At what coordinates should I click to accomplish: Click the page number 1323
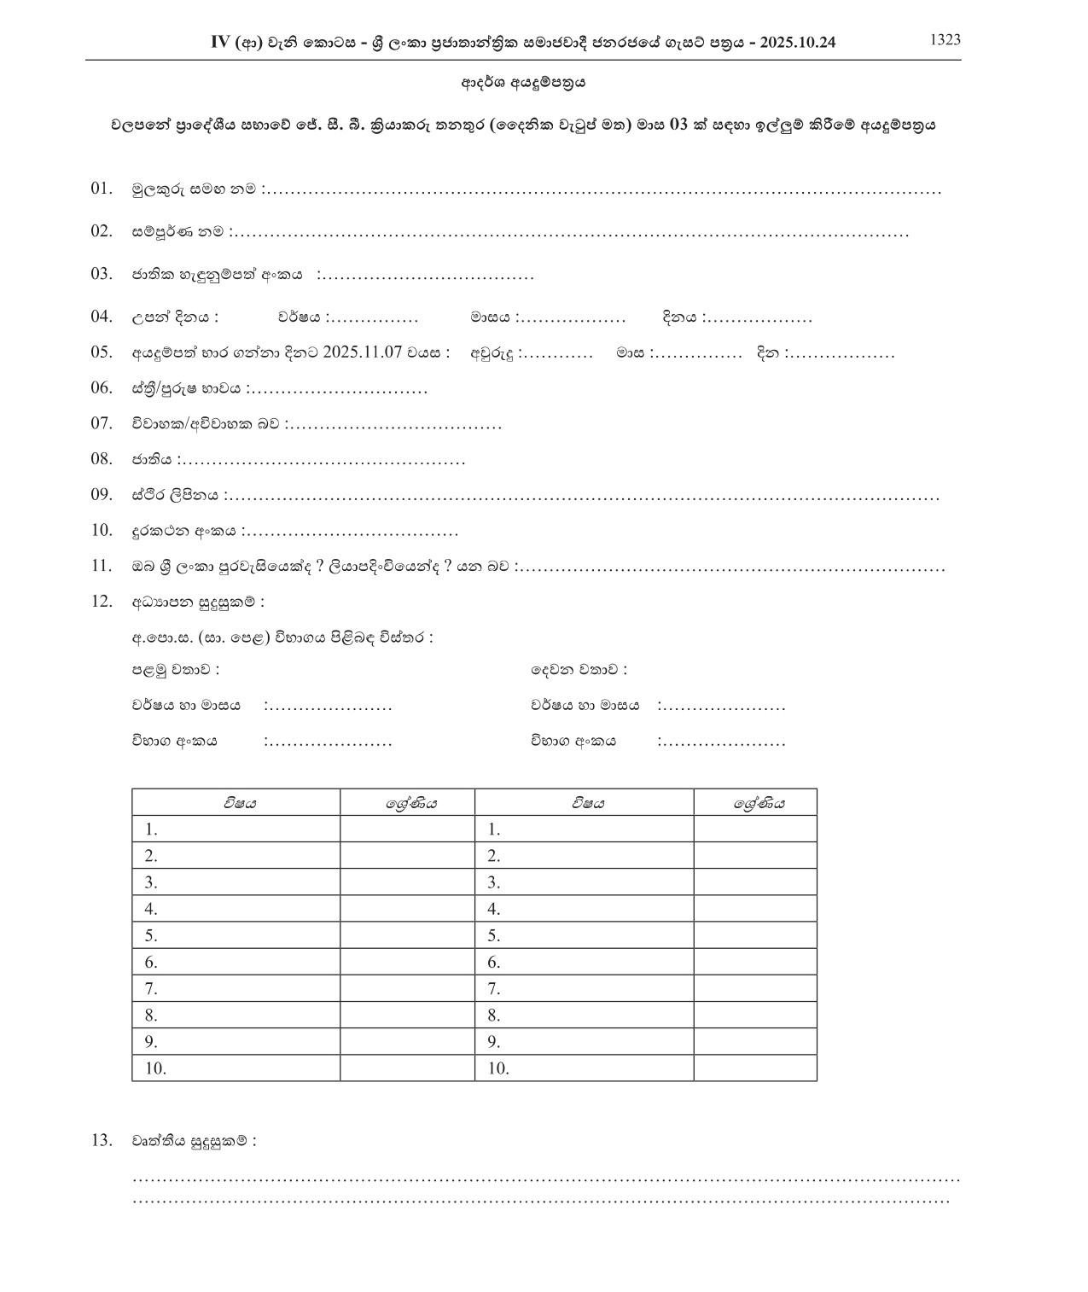(x=945, y=39)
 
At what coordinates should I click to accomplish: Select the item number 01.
(x=102, y=188)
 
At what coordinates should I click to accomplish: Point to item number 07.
(x=102, y=423)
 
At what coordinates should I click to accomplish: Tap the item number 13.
(x=102, y=1140)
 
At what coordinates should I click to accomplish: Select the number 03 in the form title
(x=678, y=125)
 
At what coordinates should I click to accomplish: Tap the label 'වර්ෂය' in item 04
(x=299, y=317)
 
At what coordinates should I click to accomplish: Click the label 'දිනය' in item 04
(x=680, y=317)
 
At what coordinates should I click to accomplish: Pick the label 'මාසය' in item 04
(x=490, y=317)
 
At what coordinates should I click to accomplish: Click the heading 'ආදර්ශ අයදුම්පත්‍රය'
(x=523, y=84)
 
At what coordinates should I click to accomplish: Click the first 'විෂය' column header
(x=240, y=803)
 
